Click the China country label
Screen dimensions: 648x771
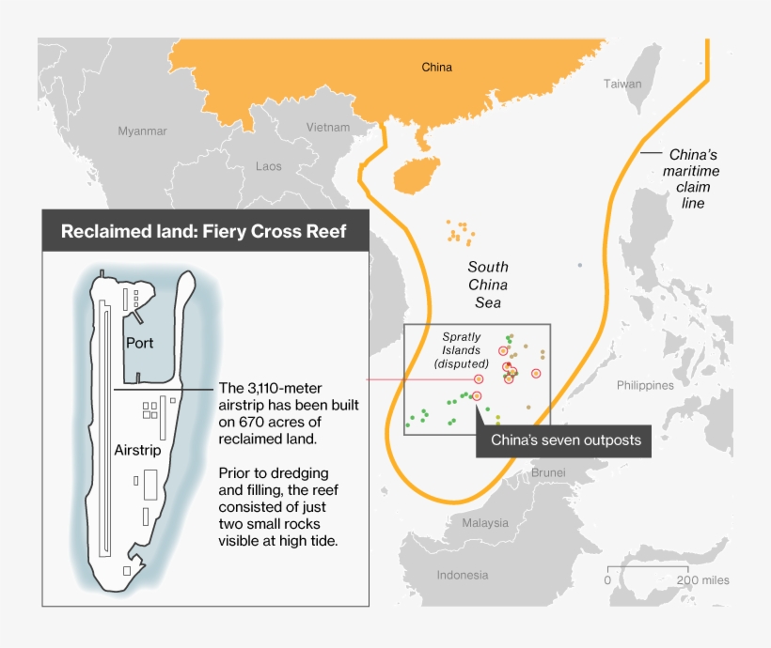436,67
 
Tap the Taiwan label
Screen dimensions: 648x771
622,84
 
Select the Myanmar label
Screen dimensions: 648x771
142,131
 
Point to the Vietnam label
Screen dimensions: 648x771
327,128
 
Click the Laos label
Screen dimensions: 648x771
268,166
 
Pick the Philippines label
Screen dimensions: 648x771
645,385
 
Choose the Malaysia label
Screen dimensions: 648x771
485,522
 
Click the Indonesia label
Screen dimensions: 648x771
463,575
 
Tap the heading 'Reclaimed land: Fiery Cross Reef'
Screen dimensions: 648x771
204,231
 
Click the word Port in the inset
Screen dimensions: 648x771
139,343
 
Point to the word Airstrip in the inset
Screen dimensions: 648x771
139,450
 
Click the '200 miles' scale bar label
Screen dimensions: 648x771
701,580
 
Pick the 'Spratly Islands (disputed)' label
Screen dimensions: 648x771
461,349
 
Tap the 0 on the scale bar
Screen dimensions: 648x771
607,580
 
